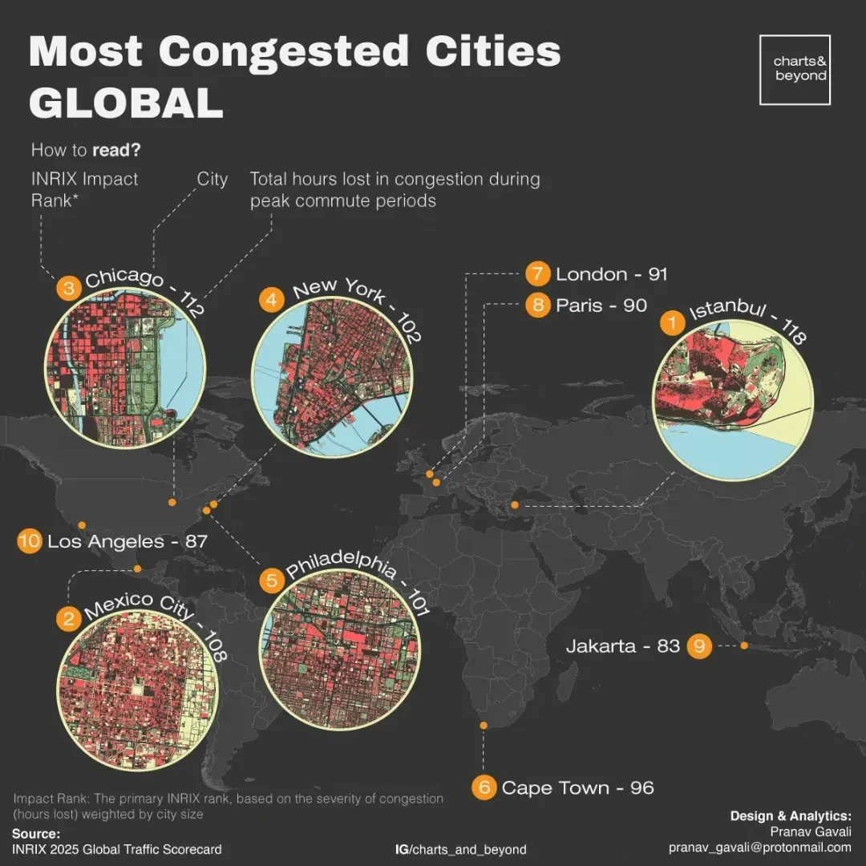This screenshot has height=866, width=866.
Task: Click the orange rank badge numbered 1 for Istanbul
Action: click(x=672, y=324)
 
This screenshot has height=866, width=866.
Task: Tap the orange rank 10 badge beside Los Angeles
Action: click(x=30, y=541)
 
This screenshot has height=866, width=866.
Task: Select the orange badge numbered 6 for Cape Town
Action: click(x=484, y=787)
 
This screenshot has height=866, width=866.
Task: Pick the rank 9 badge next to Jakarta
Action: click(x=699, y=645)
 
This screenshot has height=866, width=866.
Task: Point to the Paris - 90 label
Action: click(x=601, y=306)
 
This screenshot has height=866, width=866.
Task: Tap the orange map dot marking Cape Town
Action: click(x=484, y=726)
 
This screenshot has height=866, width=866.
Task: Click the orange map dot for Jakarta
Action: click(x=744, y=645)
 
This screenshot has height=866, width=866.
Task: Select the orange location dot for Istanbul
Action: click(x=515, y=505)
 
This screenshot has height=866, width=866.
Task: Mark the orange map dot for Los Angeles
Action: click(x=82, y=525)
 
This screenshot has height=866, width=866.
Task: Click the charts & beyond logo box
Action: click(x=795, y=69)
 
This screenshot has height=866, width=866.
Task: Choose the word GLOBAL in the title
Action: click(x=126, y=103)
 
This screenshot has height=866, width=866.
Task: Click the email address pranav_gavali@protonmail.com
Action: click(x=759, y=848)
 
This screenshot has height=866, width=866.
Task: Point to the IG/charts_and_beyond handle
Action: click(x=461, y=849)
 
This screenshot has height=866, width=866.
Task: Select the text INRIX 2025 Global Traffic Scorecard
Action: click(x=117, y=849)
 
